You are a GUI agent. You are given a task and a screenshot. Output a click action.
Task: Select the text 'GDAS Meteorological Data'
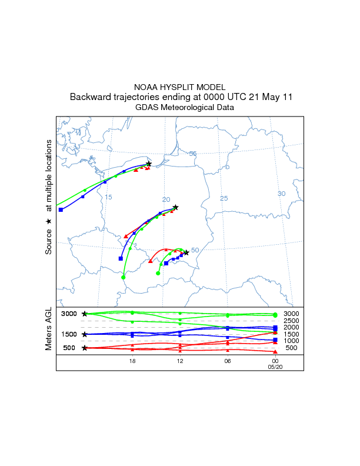point(180,108)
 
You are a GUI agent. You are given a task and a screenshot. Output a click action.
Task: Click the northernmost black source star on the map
point(149,164)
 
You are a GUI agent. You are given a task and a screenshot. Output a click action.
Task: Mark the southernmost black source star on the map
point(186,252)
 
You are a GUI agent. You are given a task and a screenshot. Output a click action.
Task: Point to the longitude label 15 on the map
point(108,197)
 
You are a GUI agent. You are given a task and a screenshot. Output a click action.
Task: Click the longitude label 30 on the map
point(281,194)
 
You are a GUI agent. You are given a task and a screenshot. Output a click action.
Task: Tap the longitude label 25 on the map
point(224,198)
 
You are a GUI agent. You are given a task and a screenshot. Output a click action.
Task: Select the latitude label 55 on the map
point(192,154)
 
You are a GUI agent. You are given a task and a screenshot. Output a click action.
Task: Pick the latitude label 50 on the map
point(195,250)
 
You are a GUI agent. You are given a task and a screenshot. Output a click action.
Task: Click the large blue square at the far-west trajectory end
point(61,209)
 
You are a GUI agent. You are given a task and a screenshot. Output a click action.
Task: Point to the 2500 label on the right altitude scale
point(292,321)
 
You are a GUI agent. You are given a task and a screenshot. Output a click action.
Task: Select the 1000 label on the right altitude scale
point(292,341)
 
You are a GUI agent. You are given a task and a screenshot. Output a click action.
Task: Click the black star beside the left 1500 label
point(85,334)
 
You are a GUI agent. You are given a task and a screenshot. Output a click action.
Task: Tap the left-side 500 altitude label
point(69,348)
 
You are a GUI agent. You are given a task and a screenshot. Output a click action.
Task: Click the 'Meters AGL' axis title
point(49,330)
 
